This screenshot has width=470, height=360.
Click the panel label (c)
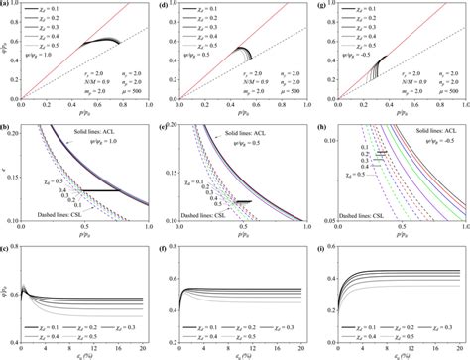pyautogui.click(x=5, y=247)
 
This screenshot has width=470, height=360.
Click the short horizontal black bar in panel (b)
pyautogui.click(x=98, y=189)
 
